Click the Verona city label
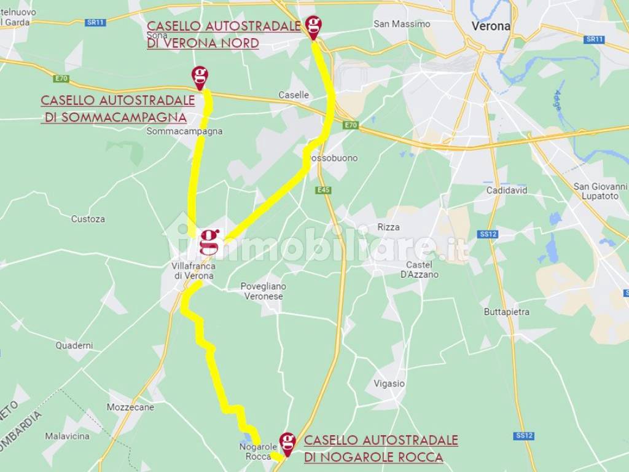pos(491,26)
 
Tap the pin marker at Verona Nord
pos(314,26)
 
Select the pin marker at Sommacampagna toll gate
pos(200,77)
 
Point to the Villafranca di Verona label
pos(193,272)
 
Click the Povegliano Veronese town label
pos(263,291)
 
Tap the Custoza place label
pos(88,219)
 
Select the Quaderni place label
pos(74,345)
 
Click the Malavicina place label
pos(67,436)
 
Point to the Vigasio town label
pos(389,383)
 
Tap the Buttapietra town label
pos(506,312)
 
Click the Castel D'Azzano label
pos(422,270)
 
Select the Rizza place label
pos(389,227)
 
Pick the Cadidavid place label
pos(507,191)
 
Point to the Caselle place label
pos(294,95)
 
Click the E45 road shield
pos(324,190)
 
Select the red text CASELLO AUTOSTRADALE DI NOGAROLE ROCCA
pos(381,449)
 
